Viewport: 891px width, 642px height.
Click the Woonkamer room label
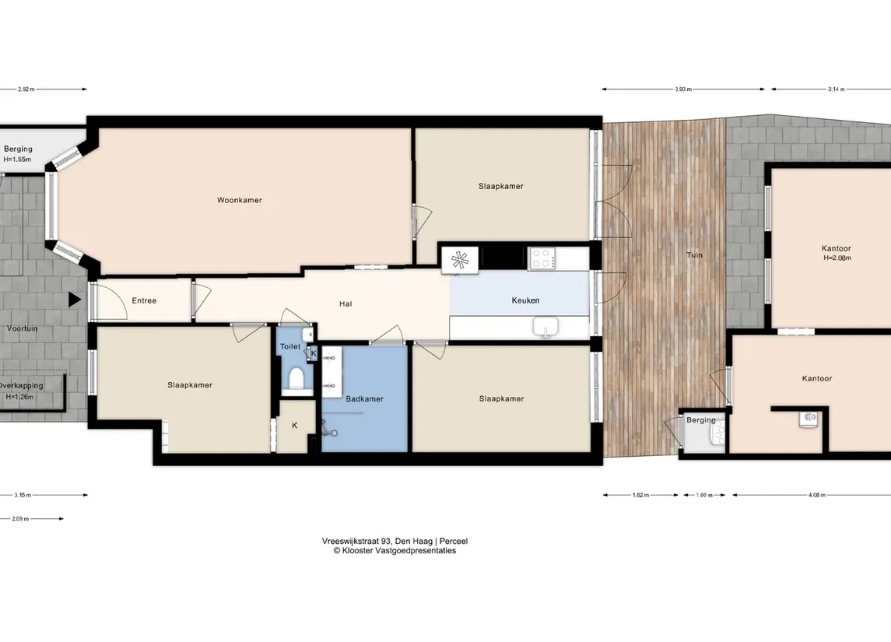(239, 200)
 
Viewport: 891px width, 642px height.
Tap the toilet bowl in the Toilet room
(296, 379)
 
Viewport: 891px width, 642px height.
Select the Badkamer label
(364, 399)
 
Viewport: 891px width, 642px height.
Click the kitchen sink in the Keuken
(545, 327)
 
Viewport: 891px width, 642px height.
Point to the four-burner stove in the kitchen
(542, 258)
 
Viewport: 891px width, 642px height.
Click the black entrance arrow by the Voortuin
(75, 300)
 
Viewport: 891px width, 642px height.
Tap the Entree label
(144, 300)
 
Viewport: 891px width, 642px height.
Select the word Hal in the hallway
(346, 304)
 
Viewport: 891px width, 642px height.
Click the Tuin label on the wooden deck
(694, 254)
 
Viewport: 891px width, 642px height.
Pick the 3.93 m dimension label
(683, 89)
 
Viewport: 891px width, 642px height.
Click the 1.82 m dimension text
(640, 495)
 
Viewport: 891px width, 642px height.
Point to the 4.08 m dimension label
(816, 495)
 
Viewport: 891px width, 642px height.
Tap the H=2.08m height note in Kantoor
(837, 258)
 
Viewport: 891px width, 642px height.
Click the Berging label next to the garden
(700, 420)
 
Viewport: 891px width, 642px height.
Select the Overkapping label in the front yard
(21, 385)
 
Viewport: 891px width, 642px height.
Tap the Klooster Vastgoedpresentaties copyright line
(395, 550)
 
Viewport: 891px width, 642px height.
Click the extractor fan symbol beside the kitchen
(460, 260)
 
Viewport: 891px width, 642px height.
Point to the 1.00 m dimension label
(704, 495)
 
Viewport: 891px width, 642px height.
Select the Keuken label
(525, 300)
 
